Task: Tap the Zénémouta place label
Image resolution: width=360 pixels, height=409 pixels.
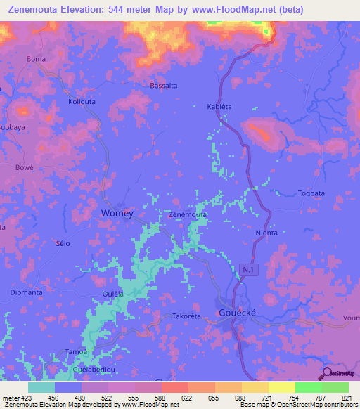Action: (188, 214)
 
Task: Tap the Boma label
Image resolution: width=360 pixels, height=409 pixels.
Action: (36, 59)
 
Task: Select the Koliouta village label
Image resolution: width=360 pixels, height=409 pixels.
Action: (82, 101)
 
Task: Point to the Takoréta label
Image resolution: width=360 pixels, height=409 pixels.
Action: (187, 317)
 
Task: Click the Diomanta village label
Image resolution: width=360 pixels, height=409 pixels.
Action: (27, 292)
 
